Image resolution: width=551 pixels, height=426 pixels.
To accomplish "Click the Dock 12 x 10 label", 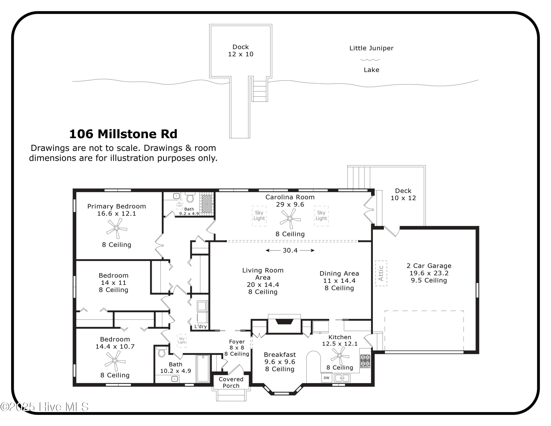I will click(240, 51).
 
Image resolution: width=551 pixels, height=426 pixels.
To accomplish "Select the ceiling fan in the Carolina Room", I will click(290, 219).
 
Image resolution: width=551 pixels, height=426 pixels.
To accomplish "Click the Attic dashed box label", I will click(381, 273).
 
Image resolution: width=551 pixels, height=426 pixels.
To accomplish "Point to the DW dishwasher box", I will click(326, 378).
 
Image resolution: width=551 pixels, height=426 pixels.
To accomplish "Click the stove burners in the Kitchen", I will click(365, 361).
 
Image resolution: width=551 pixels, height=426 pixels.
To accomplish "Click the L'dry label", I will click(201, 326).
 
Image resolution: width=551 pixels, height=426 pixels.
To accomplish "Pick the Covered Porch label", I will click(231, 382).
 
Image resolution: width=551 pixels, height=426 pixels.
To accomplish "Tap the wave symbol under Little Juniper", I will click(370, 60).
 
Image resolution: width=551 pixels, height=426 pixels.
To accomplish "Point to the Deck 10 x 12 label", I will click(403, 194).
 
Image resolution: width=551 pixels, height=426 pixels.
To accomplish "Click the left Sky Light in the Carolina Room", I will click(259, 216).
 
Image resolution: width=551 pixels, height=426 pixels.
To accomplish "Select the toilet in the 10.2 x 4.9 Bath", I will click(161, 352).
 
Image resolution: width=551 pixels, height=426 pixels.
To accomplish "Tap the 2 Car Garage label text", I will click(429, 266).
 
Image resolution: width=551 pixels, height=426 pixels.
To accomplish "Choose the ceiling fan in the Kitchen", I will click(340, 356).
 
